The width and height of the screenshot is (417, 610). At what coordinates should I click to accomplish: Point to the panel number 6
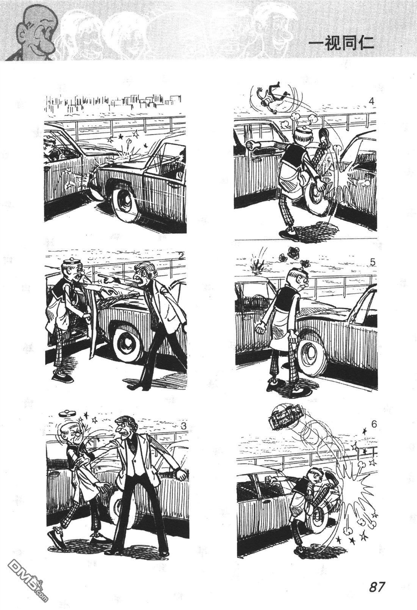pyautogui.click(x=373, y=424)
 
